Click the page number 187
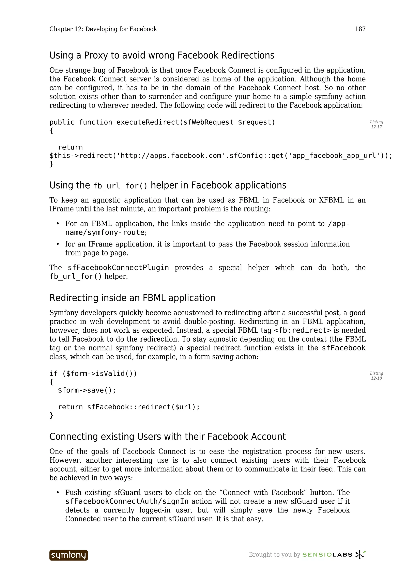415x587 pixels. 360,29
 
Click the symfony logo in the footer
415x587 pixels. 68,555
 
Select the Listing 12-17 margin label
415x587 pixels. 376,125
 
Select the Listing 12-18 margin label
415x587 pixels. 376,376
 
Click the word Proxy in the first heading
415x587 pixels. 96,55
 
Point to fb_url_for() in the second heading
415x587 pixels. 120,186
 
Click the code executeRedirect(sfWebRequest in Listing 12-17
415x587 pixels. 175,123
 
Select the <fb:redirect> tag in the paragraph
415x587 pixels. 302,330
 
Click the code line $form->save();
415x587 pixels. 87,390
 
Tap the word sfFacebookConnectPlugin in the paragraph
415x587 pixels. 118,268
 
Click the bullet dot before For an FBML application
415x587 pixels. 58,224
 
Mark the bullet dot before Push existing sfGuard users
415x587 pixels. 58,493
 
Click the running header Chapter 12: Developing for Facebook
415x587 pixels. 103,29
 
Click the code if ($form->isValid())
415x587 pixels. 93,374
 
